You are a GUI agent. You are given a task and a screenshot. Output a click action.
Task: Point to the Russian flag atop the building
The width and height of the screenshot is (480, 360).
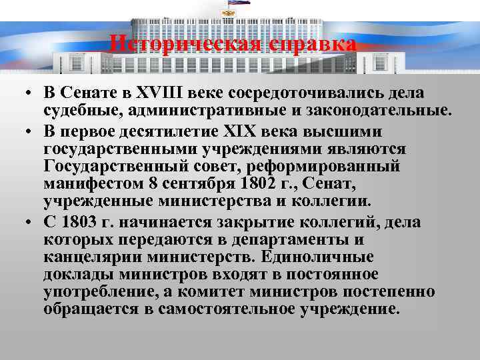click(239, 3)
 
